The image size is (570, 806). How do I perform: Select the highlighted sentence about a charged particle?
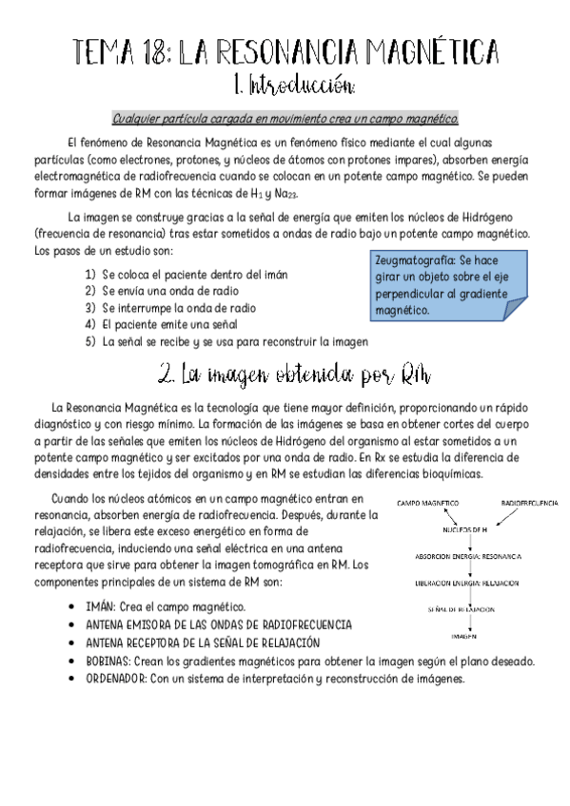(285, 119)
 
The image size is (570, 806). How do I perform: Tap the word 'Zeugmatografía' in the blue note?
(414, 259)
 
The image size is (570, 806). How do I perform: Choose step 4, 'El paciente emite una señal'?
(170, 324)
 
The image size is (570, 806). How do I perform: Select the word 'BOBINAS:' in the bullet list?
(111, 662)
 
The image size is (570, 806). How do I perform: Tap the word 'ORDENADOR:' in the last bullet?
(117, 680)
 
